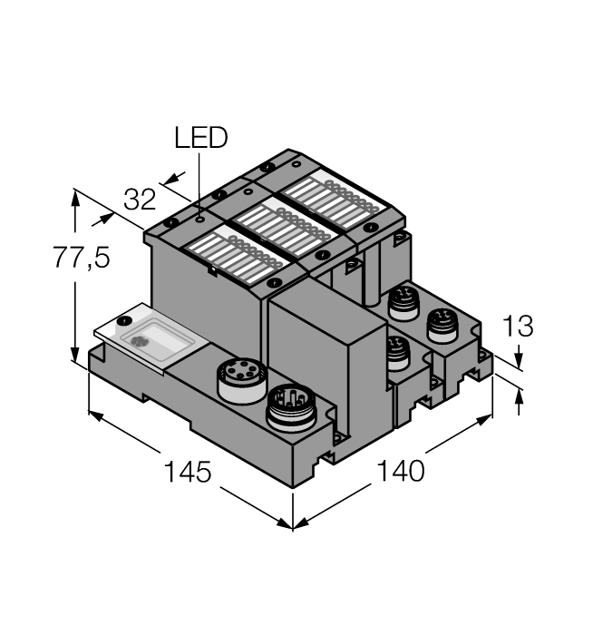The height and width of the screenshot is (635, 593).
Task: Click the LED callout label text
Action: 200,137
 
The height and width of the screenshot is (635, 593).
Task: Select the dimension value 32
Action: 140,200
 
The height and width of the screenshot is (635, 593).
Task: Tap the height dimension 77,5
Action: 82,258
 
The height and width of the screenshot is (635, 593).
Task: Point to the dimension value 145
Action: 188,472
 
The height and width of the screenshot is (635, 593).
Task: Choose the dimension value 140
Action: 401,471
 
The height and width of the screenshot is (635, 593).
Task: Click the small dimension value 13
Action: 518,326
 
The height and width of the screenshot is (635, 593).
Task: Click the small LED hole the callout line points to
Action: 199,220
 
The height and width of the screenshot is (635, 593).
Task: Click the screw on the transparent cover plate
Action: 124,321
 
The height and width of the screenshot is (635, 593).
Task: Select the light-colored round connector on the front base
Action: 242,379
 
